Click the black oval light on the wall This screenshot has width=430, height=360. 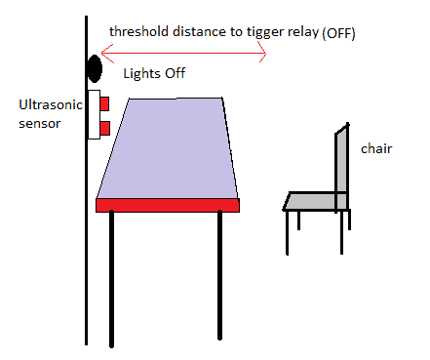click(x=95, y=68)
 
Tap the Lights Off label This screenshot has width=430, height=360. click(x=154, y=74)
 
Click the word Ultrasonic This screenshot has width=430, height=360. click(x=48, y=104)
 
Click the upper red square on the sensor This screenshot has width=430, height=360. click(x=104, y=102)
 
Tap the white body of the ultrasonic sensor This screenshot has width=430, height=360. click(x=94, y=114)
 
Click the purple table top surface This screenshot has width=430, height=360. click(x=168, y=146)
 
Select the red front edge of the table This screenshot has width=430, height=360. click(x=168, y=204)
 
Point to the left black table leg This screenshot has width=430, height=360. click(x=111, y=277)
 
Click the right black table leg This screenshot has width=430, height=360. click(x=220, y=273)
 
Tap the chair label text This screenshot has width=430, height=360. click(x=376, y=149)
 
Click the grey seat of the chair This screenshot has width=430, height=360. click(x=312, y=201)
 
